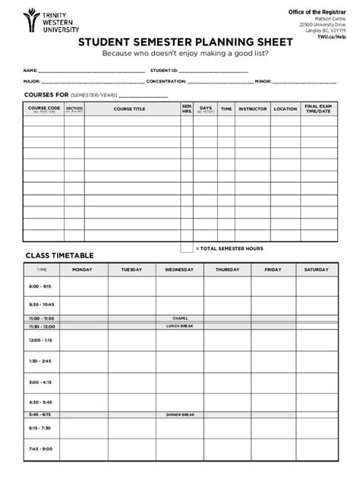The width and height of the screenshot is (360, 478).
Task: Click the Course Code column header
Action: click(44, 109)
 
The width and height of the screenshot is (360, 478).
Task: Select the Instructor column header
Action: click(252, 109)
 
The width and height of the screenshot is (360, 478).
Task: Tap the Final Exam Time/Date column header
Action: click(317, 109)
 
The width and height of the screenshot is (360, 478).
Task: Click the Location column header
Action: click(285, 109)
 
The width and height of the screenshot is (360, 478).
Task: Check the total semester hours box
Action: click(186, 247)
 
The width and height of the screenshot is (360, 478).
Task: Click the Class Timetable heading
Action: click(59, 256)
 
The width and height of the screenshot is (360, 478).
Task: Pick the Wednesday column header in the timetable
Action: click(179, 269)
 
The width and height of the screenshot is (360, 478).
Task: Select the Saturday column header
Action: click(317, 269)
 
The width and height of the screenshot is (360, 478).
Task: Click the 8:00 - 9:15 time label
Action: click(39, 287)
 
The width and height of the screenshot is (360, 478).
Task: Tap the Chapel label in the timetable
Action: click(180, 318)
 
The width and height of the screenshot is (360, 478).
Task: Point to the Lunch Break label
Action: click(180, 325)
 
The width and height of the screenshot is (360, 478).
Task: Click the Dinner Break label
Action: click(180, 414)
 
